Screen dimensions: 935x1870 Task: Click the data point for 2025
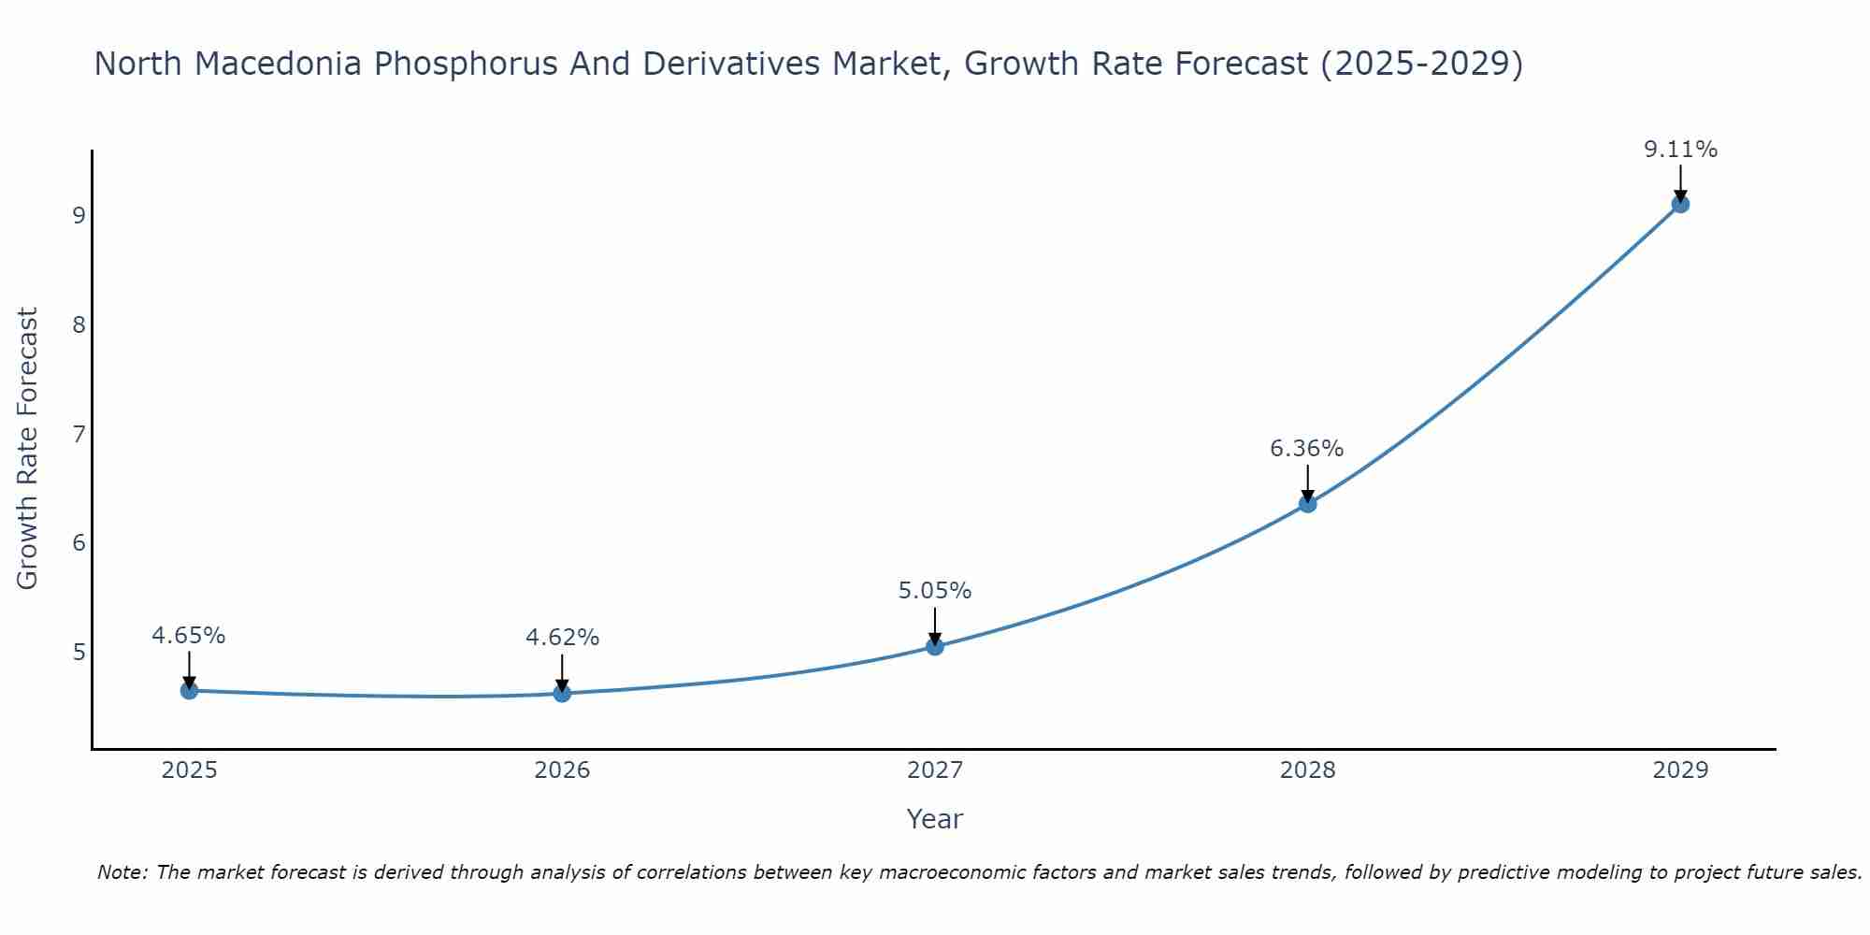pos(189,691)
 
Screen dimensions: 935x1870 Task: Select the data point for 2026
pos(562,693)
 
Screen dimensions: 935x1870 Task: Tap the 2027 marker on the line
pos(935,646)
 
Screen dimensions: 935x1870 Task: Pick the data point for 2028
pos(1307,504)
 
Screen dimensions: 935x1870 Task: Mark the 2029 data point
pos(1680,204)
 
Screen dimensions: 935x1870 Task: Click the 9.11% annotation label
pos(1680,150)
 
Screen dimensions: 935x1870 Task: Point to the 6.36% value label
pos(1306,449)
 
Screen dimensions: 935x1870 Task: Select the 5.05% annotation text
pos(935,591)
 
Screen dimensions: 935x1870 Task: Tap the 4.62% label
pos(562,638)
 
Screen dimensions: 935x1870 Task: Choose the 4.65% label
pos(189,636)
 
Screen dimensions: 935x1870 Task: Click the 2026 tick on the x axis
pos(562,770)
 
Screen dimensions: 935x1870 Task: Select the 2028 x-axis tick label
pos(1307,770)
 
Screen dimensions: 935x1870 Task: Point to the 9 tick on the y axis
pos(79,216)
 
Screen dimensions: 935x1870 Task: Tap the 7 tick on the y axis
pos(79,434)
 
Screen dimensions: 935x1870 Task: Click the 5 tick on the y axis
pos(79,652)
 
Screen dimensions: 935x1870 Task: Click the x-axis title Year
pos(934,819)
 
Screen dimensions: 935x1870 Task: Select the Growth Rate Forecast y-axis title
pos(28,449)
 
